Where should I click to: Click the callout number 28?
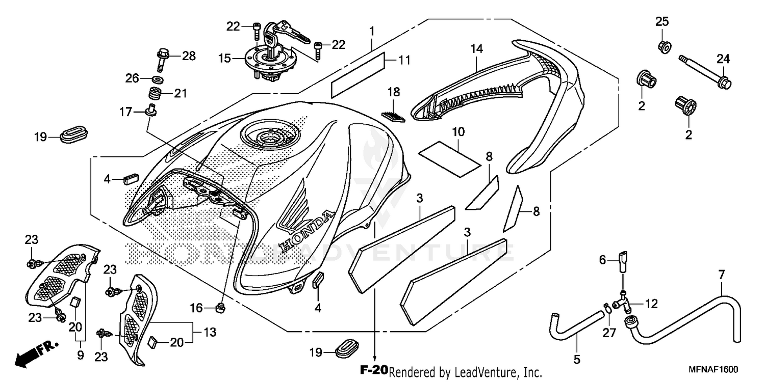click(189, 56)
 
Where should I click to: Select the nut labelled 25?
click(665, 47)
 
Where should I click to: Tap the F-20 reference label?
click(374, 370)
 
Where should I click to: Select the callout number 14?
click(476, 49)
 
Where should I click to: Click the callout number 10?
click(458, 132)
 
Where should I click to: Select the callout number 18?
click(393, 93)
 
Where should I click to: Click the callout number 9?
click(80, 356)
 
